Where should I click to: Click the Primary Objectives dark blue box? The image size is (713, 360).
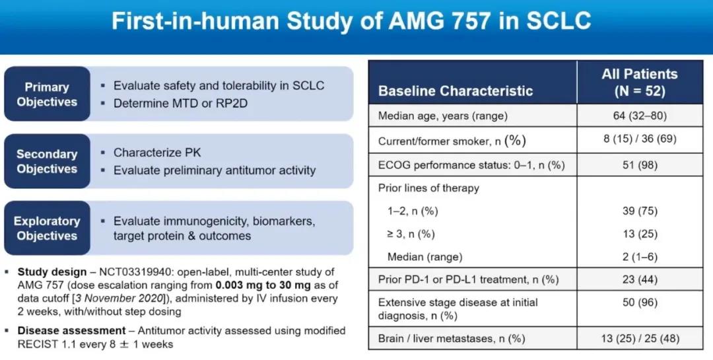[x=47, y=94]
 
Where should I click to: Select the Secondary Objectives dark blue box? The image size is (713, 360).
[x=47, y=161]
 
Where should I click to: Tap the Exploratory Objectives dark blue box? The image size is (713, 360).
[x=47, y=229]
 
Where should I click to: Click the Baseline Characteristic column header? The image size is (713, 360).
[x=456, y=91]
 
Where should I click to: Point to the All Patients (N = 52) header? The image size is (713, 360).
[x=640, y=83]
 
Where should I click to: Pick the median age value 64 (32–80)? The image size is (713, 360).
[x=640, y=116]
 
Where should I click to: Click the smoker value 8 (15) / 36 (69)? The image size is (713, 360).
[x=640, y=140]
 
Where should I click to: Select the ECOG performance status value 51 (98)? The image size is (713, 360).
[x=640, y=164]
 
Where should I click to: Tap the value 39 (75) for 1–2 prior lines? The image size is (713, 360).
[x=640, y=211]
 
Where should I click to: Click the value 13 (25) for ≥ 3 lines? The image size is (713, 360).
[x=640, y=234]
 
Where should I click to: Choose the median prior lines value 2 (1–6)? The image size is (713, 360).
[x=640, y=256]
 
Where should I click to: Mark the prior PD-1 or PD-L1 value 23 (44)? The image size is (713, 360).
[x=640, y=279]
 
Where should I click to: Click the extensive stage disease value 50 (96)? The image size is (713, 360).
[x=640, y=303]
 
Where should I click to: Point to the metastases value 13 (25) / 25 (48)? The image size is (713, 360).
[x=640, y=339]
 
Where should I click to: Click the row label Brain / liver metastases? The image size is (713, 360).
[x=452, y=339]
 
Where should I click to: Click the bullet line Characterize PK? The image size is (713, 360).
[x=157, y=153]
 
